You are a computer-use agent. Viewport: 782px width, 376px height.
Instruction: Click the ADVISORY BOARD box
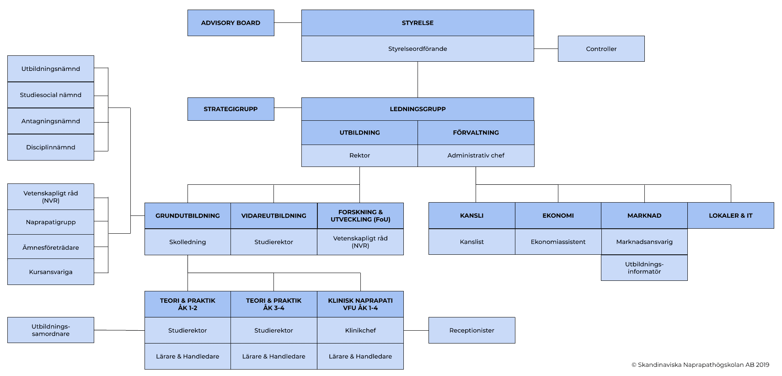[230, 23]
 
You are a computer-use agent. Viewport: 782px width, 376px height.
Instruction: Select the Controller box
[601, 49]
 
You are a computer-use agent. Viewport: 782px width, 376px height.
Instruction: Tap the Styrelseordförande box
[418, 49]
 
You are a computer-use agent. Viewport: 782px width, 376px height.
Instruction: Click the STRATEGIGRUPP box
[230, 109]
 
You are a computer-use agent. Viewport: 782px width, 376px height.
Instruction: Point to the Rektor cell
[359, 156]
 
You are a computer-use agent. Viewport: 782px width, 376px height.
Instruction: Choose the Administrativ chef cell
[476, 156]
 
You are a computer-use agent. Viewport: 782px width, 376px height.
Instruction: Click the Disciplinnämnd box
[51, 147]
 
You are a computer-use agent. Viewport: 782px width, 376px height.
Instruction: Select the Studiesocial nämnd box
[51, 95]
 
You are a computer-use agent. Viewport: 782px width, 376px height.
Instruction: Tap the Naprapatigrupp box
[51, 222]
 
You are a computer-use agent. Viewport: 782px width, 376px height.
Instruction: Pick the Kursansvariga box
[51, 272]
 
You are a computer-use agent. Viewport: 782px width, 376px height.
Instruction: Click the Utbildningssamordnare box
[51, 330]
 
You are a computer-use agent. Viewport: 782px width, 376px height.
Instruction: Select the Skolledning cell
[187, 242]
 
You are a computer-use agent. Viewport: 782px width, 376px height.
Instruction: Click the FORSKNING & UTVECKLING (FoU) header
[360, 216]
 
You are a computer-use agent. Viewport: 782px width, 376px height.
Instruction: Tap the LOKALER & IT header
[730, 215]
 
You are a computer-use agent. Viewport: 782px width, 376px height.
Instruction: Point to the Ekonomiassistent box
[558, 242]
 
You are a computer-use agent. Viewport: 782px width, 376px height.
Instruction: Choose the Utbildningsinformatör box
[644, 268]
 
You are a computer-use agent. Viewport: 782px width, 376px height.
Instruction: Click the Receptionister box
[471, 330]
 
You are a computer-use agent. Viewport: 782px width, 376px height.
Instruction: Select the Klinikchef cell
[360, 330]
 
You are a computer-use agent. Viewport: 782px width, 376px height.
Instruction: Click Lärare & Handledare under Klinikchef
[360, 356]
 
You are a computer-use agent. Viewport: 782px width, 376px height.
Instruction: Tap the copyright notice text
[700, 365]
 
